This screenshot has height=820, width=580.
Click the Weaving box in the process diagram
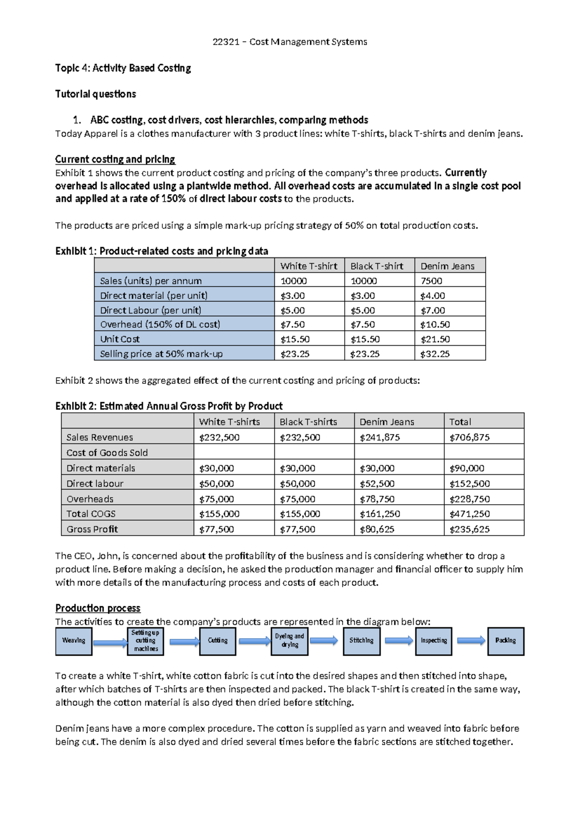73,641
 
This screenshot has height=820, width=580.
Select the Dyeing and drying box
290,641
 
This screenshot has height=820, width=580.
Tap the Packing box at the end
506,641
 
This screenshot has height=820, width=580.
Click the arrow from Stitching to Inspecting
399,641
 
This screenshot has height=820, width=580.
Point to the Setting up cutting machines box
145,641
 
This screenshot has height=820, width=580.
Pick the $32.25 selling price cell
435,354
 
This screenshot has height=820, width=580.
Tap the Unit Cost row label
120,339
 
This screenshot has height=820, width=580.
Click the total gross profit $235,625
469,529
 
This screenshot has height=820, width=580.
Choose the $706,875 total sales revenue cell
469,438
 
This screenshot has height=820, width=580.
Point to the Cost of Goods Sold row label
107,453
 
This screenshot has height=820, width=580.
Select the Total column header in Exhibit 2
460,422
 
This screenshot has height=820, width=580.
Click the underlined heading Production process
98,608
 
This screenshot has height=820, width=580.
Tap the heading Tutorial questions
95,94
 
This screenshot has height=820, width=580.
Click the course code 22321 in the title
226,42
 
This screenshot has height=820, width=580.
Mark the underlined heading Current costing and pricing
115,160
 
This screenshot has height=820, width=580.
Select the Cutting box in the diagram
217,641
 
